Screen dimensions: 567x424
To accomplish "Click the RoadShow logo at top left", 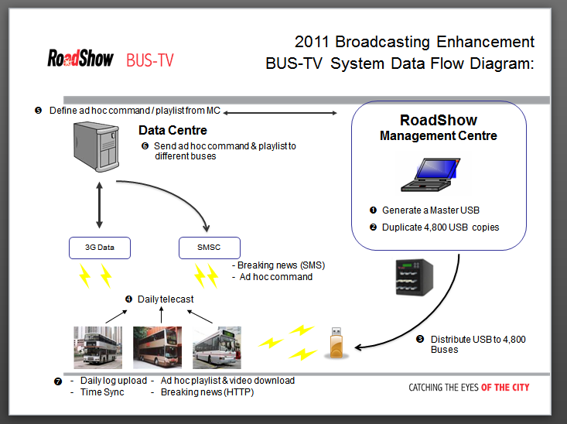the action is pyautogui.click(x=80, y=58).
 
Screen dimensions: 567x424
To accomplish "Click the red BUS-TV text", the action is pyautogui.click(x=150, y=60).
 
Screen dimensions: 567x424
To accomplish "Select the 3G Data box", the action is pyautogui.click(x=100, y=248).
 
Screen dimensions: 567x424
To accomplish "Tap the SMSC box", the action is pyautogui.click(x=210, y=248).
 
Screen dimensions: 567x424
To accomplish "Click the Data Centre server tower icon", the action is pyautogui.click(x=96, y=146).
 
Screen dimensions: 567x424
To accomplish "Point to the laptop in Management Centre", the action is pyautogui.click(x=431, y=174).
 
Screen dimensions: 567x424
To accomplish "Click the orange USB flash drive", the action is pyautogui.click(x=336, y=343).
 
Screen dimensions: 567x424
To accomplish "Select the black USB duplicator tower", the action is pyautogui.click(x=415, y=278).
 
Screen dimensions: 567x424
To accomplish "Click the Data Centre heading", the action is pyautogui.click(x=172, y=130).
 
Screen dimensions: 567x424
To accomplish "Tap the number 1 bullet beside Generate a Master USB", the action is pyautogui.click(x=373, y=210).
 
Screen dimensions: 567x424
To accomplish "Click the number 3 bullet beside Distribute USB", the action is pyautogui.click(x=420, y=340).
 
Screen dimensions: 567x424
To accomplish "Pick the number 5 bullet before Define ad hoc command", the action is pyautogui.click(x=38, y=111).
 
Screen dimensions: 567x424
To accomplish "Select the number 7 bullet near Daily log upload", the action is pyautogui.click(x=58, y=381).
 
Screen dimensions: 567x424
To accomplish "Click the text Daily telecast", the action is pyautogui.click(x=166, y=299).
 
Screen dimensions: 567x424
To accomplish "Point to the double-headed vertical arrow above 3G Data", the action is pyautogui.click(x=100, y=205).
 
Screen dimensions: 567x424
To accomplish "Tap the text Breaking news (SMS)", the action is pyautogui.click(x=282, y=265).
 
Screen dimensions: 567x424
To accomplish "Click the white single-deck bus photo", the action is pyautogui.click(x=217, y=347).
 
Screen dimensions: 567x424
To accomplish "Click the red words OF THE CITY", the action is pyautogui.click(x=505, y=388).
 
